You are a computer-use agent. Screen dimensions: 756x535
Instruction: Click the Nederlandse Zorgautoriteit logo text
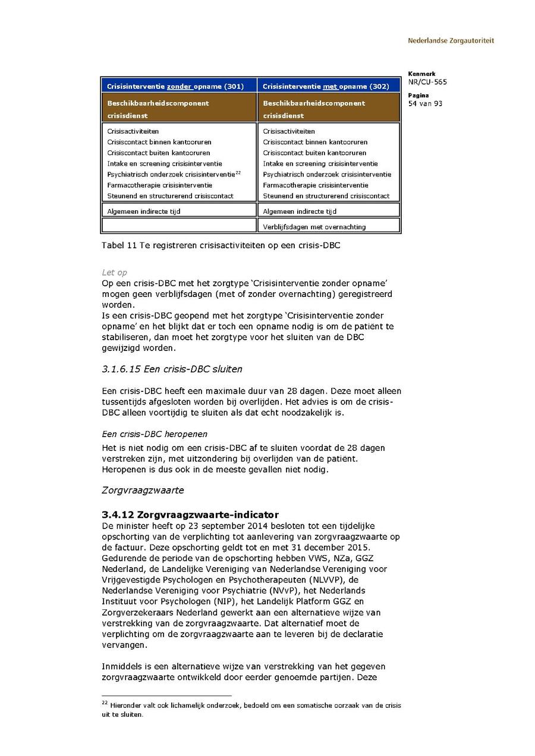tap(451, 41)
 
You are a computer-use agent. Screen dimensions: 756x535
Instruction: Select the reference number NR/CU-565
tap(427, 82)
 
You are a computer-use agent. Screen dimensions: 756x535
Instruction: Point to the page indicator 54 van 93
tap(425, 103)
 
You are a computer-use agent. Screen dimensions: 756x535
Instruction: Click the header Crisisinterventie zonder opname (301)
tap(175, 86)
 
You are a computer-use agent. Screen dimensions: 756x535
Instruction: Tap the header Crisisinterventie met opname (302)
tap(326, 86)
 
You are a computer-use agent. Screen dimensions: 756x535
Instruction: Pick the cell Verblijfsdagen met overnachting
tap(314, 226)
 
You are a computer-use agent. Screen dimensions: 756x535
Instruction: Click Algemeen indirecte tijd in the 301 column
tap(144, 211)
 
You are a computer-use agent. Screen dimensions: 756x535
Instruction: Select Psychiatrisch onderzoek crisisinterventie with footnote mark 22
tap(173, 174)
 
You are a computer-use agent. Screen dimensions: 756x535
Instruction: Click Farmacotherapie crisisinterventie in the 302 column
tap(316, 185)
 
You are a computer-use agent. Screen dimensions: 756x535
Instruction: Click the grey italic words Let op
tap(114, 273)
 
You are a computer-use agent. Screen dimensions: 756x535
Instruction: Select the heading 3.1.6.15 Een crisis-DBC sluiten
tap(172, 369)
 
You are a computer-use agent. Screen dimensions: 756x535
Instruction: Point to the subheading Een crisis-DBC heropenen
tap(155, 434)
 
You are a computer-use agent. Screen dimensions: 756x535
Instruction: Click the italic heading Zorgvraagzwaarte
tap(143, 490)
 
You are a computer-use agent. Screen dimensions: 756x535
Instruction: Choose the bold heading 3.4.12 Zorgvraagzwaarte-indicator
tap(190, 514)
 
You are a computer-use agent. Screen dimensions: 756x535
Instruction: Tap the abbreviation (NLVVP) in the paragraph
tap(311, 580)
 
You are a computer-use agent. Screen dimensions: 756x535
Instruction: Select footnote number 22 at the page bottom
tap(105, 703)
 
